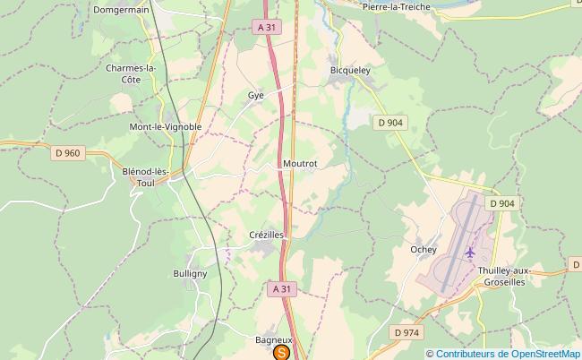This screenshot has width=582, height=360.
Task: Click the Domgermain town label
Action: [122, 10]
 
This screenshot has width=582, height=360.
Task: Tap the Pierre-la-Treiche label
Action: [397, 7]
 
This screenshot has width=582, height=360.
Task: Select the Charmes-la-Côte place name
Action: [131, 73]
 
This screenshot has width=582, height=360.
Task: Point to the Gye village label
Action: [255, 94]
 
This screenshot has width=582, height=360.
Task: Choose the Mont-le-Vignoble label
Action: [166, 127]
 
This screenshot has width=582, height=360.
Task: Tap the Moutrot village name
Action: [300, 164]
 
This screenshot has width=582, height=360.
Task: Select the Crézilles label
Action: [266, 235]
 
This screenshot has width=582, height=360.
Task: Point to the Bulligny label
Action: [190, 273]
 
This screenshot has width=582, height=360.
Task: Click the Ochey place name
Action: [423, 250]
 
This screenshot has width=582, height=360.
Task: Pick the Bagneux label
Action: [274, 340]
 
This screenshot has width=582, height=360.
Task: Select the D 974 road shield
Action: [406, 332]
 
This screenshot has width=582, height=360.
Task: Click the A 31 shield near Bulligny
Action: [281, 288]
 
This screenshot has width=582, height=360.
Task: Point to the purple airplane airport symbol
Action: [470, 252]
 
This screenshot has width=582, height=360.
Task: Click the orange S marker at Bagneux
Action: [281, 354]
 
